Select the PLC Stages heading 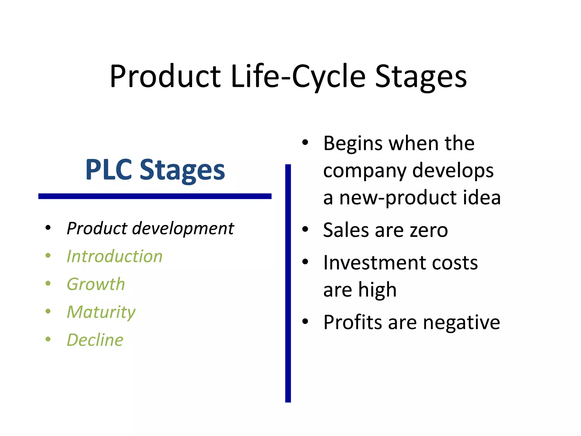[155, 170]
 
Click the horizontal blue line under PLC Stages [155, 196]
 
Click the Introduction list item [115, 256]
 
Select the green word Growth [96, 284]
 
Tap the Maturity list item [101, 312]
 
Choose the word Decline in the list [95, 340]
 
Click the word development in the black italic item [183, 228]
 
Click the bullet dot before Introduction [48, 255]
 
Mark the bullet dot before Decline [48, 339]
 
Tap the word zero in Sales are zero [429, 230]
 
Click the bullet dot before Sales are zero [305, 229]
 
